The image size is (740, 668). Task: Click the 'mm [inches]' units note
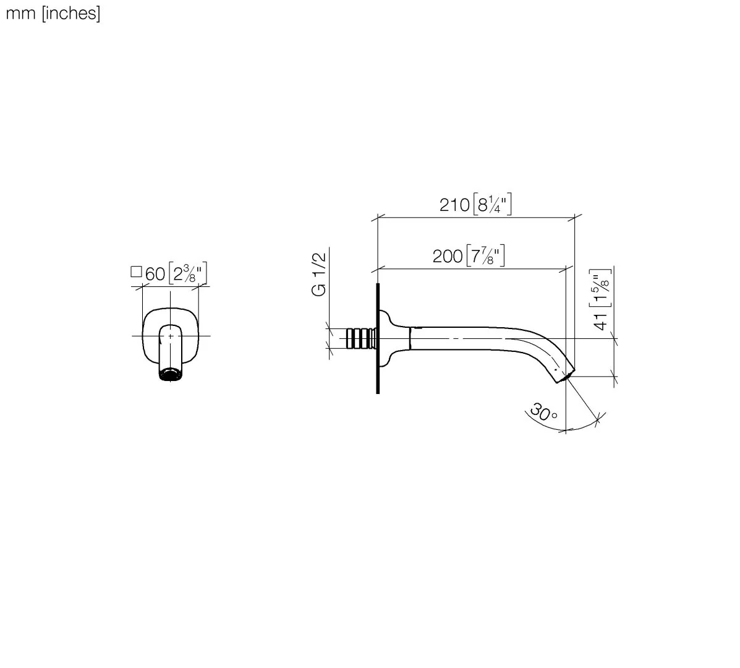coord(53,13)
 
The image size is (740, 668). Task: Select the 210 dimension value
coord(454,205)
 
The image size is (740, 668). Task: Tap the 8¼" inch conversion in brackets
coord(492,204)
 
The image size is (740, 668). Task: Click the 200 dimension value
coord(448,256)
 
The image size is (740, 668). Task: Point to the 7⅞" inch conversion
coord(486,255)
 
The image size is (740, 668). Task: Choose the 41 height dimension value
coord(600,321)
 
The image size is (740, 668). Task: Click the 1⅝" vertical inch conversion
coord(601,288)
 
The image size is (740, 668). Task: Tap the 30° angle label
coord(543,412)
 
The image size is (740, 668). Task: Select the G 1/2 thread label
coord(319,274)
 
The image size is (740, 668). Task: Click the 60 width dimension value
coord(155,274)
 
